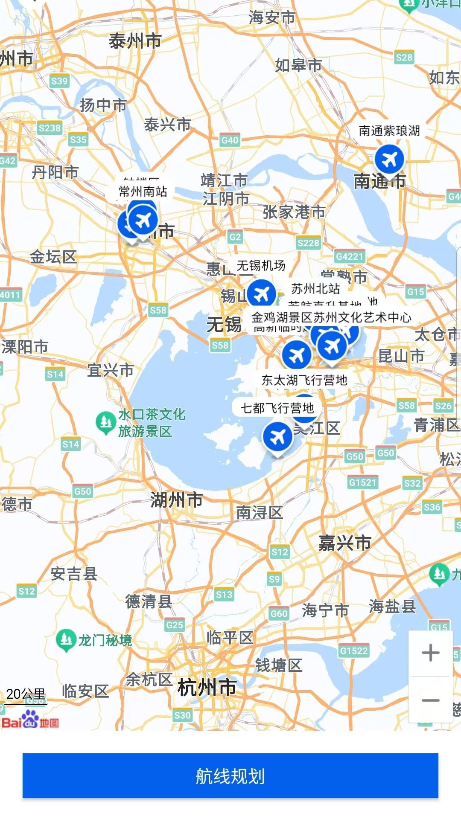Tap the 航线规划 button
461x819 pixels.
(x=230, y=775)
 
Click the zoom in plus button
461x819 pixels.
(x=430, y=653)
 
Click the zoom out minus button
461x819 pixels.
(x=430, y=700)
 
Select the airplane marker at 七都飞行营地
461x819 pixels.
(x=277, y=437)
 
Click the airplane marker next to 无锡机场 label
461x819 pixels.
(x=261, y=294)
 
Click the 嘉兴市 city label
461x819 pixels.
(x=344, y=543)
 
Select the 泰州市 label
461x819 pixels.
(x=135, y=41)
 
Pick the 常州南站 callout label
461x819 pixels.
(x=143, y=192)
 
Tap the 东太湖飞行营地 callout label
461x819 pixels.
(x=304, y=380)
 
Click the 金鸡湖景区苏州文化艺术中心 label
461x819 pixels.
(x=331, y=317)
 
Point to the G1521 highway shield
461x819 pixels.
(x=362, y=482)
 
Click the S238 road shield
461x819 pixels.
(x=50, y=128)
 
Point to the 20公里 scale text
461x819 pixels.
(x=26, y=694)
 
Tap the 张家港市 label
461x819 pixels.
(x=294, y=212)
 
